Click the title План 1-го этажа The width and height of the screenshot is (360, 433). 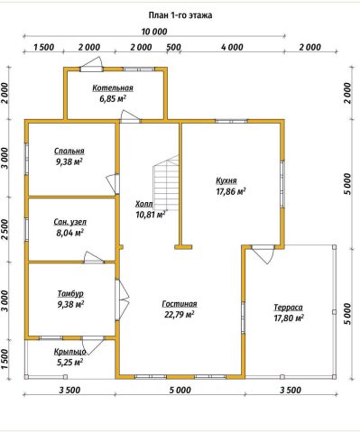pos(180,15)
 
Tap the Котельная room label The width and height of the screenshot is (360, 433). pos(113,88)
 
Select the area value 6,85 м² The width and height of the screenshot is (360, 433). pos(113,98)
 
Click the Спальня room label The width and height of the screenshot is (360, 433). pos(69,151)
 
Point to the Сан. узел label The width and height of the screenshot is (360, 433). pos(70,222)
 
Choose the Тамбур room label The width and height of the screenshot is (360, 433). pos(70,293)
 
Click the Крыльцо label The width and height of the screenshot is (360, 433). pos(70,352)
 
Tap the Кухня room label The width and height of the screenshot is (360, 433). pos(226,180)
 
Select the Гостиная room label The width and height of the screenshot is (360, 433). pos(180,304)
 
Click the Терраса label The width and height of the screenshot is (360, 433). pos(288,308)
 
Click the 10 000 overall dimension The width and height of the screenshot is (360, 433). pos(154,32)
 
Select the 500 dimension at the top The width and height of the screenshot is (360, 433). pos(174,47)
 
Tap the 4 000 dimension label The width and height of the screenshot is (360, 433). pos(232,47)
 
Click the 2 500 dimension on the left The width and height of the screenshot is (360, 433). pos(5,229)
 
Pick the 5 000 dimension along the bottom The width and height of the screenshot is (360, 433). pos(180,391)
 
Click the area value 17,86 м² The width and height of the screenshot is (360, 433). pos(231,191)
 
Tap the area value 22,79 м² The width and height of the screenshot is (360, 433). pos(180,315)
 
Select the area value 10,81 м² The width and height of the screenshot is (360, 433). pos(150,215)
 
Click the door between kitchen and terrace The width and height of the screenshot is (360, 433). pos(263,253)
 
